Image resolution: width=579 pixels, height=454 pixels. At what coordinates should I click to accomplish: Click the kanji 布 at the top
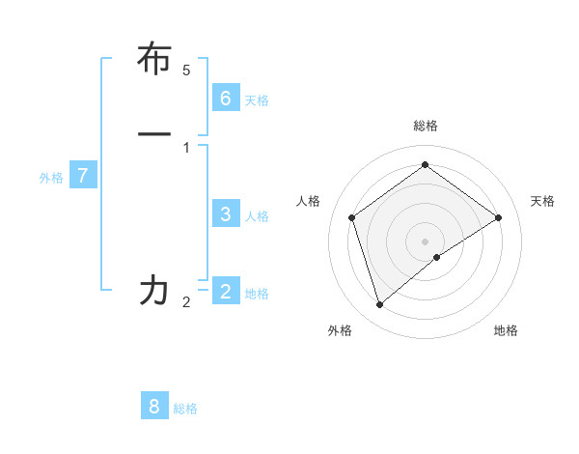154,59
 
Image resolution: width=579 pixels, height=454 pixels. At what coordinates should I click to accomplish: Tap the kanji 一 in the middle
154,133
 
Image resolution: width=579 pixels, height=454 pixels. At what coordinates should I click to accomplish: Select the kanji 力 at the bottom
154,290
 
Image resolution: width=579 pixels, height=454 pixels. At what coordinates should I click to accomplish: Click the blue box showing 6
225,98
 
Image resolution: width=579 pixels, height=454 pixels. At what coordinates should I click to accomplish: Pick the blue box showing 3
225,214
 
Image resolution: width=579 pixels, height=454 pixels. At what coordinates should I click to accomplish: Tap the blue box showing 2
225,291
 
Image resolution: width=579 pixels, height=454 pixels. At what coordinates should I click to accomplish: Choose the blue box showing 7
83,176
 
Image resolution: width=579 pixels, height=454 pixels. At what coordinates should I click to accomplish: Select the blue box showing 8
154,406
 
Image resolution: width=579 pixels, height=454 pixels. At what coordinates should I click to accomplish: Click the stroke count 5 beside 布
186,71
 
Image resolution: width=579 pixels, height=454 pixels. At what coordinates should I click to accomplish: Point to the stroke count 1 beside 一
186,147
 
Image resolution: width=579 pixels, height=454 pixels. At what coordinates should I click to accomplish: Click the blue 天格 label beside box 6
257,100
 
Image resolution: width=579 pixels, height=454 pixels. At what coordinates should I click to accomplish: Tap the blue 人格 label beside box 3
257,216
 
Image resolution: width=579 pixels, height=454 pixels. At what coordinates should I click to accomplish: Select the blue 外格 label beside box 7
51,178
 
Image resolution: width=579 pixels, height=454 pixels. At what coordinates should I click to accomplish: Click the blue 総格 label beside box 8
185,409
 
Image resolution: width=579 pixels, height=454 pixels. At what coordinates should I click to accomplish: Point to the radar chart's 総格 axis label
425,126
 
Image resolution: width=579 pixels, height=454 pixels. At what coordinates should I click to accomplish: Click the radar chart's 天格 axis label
542,201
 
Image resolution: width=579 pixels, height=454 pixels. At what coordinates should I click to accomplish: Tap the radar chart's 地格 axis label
506,330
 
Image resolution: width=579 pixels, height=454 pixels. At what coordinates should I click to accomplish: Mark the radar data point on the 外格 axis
379,305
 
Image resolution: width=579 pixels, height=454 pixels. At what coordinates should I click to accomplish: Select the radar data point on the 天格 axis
498,217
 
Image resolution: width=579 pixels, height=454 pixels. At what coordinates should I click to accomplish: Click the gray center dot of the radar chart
425,241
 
